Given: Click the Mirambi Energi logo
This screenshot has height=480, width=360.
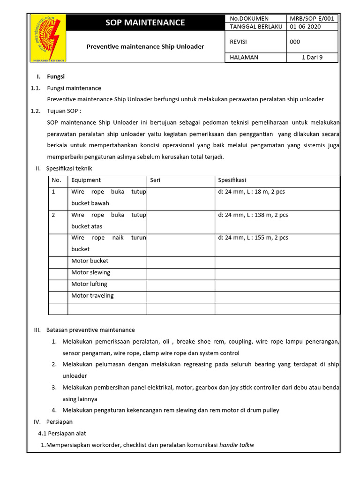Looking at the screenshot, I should pos(48,38).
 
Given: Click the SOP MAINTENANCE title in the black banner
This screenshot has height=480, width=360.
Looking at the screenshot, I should pos(145,22).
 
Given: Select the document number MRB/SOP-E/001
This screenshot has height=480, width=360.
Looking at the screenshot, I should pos(312,18).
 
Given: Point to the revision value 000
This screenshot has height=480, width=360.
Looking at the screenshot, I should pos(295,42).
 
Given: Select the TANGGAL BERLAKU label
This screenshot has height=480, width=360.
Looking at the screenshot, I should pos(255,27).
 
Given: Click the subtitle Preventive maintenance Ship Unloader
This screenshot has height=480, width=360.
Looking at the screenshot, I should pos(145,46).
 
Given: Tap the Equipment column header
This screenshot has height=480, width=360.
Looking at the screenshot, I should pos(86,180).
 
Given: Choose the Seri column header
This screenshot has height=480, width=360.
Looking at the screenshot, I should pos(155,180).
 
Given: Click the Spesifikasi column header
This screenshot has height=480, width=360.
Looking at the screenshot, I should pos(232,180).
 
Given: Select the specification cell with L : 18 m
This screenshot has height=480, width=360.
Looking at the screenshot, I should pos(251,192).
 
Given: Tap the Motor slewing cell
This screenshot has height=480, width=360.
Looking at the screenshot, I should pos(90,272).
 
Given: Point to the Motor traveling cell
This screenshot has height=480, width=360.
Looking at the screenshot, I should pos(92,296).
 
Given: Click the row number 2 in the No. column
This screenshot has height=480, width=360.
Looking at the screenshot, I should pos(53,215).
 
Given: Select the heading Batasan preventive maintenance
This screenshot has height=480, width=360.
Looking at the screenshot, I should pos(90,330).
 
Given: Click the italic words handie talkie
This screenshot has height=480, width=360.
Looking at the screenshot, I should pos(237,445).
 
